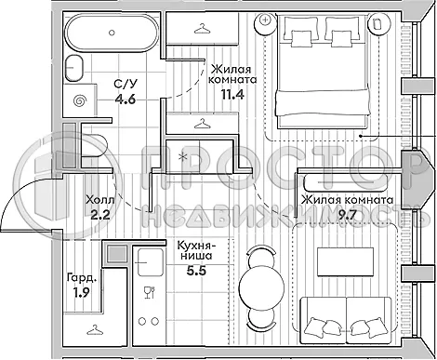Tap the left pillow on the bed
pyautogui.click(x=303, y=35)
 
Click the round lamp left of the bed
pyautogui.click(x=267, y=19)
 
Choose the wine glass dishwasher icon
pyautogui.click(x=148, y=296)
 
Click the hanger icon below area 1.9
pyautogui.click(x=95, y=329)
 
